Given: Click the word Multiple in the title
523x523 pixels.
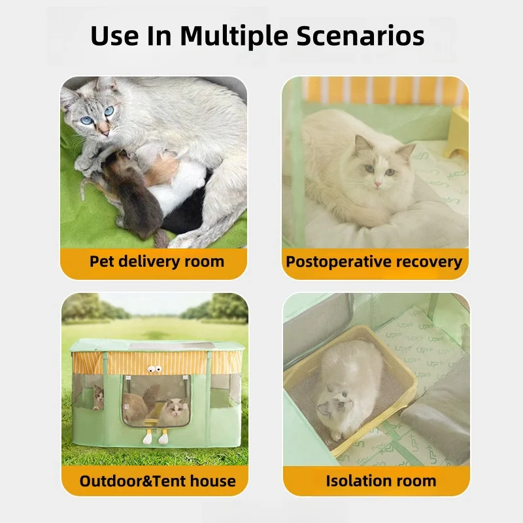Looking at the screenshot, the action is click(234, 37).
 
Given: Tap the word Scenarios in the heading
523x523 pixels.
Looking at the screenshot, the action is click(360, 36).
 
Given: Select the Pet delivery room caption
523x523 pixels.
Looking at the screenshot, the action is click(157, 261).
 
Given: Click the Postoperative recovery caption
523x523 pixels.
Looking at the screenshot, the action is click(374, 262).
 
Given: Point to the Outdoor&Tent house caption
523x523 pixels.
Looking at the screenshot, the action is click(158, 481).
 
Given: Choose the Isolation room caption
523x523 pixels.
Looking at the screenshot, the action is click(381, 481).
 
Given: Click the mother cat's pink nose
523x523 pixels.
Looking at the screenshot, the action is click(105, 133).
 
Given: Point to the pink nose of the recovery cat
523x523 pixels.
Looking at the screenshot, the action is click(378, 184).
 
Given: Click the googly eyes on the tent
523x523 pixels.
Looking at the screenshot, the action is click(154, 369).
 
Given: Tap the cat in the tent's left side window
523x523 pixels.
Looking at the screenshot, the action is click(98, 397).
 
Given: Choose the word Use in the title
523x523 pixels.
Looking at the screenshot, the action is click(114, 36).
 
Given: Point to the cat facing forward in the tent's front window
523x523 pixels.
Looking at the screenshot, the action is click(173, 413).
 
